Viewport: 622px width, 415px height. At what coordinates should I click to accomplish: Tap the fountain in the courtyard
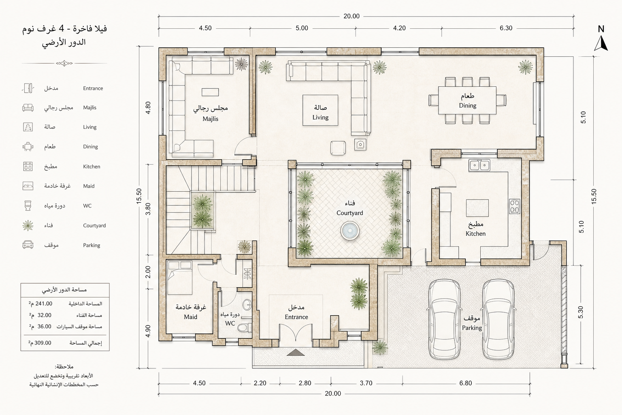(350, 231)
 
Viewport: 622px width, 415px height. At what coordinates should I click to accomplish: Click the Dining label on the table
(468, 106)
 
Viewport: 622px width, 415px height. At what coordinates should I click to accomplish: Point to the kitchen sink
(479, 165)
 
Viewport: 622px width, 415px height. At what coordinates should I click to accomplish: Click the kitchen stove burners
(515, 206)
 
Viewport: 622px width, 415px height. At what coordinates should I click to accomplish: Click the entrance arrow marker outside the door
(296, 353)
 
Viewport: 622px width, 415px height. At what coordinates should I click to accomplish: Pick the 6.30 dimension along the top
(506, 28)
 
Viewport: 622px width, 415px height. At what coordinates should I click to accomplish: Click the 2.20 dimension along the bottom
(260, 383)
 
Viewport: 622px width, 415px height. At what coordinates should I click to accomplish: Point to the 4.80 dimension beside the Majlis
(148, 107)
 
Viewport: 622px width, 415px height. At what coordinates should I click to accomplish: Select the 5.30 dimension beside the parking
(581, 312)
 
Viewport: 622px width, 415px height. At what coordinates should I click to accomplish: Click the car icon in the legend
(28, 245)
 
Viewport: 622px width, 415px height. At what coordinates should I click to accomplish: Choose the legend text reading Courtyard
(94, 225)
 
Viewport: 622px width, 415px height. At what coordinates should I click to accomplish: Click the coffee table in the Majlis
(210, 92)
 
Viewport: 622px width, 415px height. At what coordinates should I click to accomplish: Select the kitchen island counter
(477, 208)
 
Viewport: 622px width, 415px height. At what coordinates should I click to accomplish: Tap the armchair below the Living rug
(338, 148)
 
